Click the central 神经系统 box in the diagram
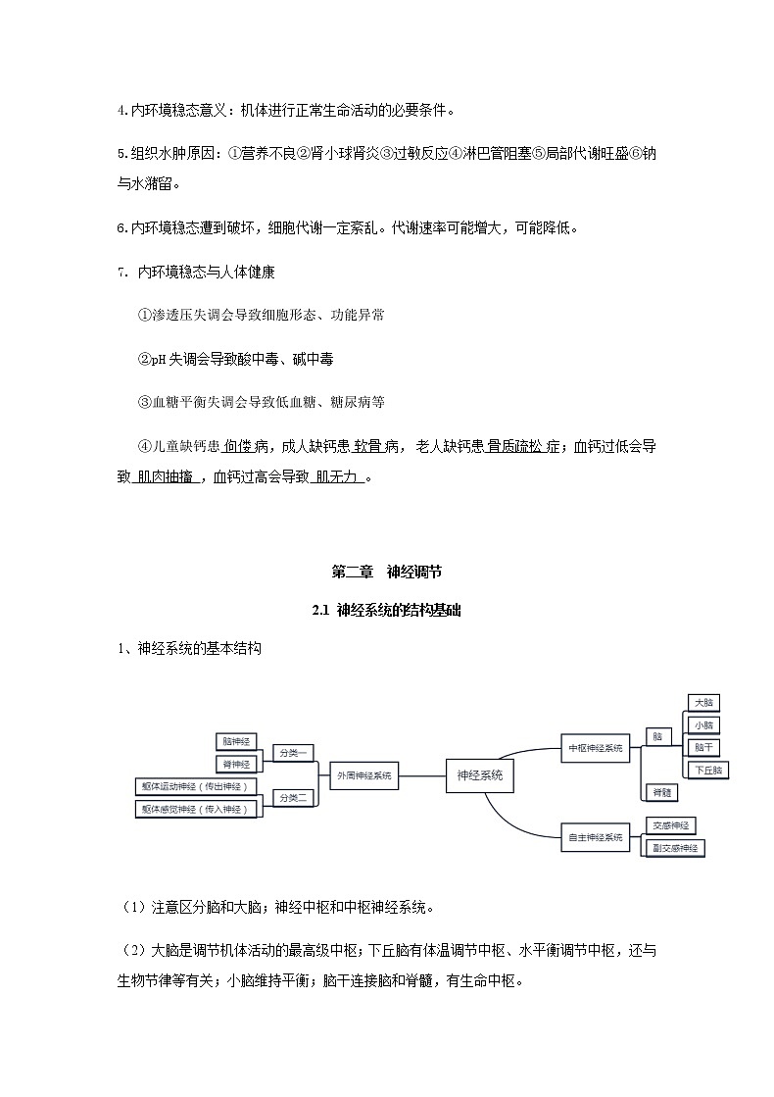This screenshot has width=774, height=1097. (480, 774)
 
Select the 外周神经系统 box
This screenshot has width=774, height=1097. (363, 775)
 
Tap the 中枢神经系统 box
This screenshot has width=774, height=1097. (596, 748)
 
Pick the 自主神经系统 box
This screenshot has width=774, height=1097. (596, 837)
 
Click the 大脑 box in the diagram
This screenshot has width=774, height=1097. (703, 703)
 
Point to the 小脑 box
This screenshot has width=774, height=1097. (703, 724)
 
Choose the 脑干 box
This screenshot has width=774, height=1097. (703, 747)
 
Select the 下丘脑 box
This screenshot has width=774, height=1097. (707, 770)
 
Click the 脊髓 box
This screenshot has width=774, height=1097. (661, 792)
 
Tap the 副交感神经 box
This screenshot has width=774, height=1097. (675, 848)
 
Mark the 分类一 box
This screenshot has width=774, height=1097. (293, 753)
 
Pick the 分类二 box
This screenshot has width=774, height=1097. (293, 797)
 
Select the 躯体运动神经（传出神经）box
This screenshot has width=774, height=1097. (197, 786)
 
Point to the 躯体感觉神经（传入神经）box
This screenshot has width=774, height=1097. (197, 809)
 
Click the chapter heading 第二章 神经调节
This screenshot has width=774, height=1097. (386, 573)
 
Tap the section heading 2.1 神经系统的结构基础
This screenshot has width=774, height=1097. (386, 610)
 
